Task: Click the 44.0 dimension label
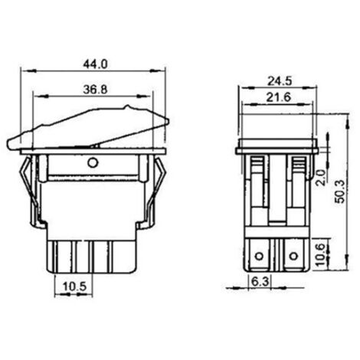95,64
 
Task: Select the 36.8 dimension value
96,90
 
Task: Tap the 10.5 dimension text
75,286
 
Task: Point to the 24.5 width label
280,81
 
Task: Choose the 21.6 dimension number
279,97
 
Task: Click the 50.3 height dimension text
340,191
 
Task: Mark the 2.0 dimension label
322,178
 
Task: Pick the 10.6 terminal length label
321,254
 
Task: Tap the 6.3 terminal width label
260,282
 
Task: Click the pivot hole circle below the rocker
93,162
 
